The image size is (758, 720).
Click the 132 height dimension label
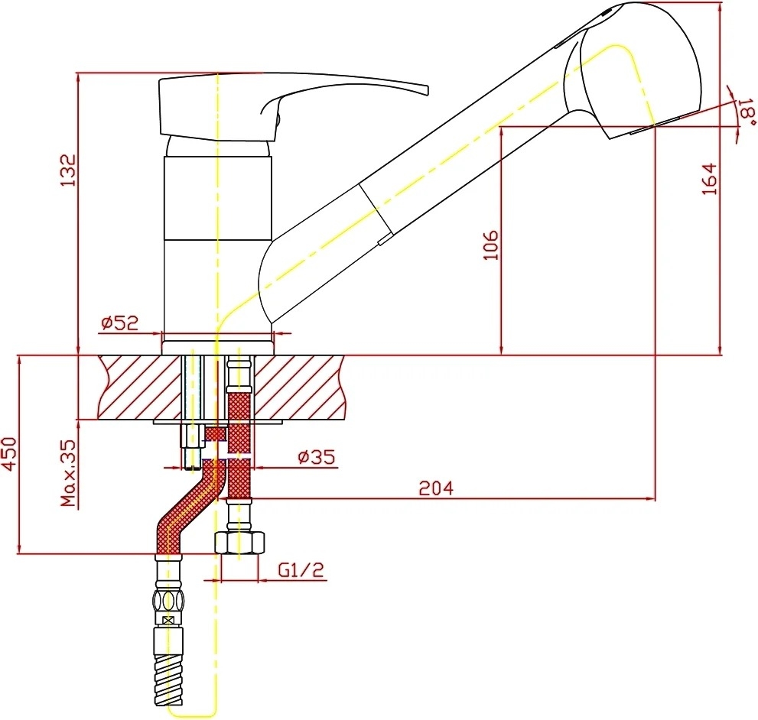click(68, 170)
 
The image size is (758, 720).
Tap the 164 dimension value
click(710, 179)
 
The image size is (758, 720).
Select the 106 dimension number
click(491, 245)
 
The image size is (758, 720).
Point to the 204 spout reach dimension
click(436, 488)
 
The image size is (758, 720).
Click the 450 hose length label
click(9, 453)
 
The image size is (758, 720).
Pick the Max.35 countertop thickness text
click(69, 472)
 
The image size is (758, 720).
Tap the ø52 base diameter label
click(119, 323)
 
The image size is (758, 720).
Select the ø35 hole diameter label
click(317, 456)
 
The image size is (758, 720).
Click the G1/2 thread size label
click(301, 570)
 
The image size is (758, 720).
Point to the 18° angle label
click(747, 112)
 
